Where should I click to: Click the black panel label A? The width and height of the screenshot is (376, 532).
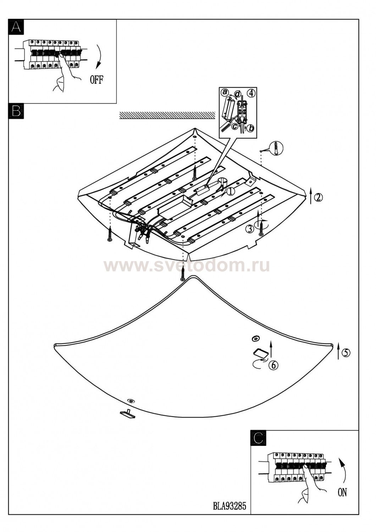coord(16,27)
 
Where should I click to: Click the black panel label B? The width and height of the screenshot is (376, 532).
coord(16,111)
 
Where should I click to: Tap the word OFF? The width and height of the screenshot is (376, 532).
coord(96,80)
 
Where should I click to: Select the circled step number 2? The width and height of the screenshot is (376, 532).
coord(319,197)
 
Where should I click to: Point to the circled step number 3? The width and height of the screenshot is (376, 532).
coord(249,229)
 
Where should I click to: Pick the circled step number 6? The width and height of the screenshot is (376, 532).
coord(273,365)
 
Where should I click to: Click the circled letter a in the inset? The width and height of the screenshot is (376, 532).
coord(224,92)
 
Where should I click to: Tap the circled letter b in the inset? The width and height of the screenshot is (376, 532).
coord(250,128)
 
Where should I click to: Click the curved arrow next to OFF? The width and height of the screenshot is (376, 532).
coord(100,56)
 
